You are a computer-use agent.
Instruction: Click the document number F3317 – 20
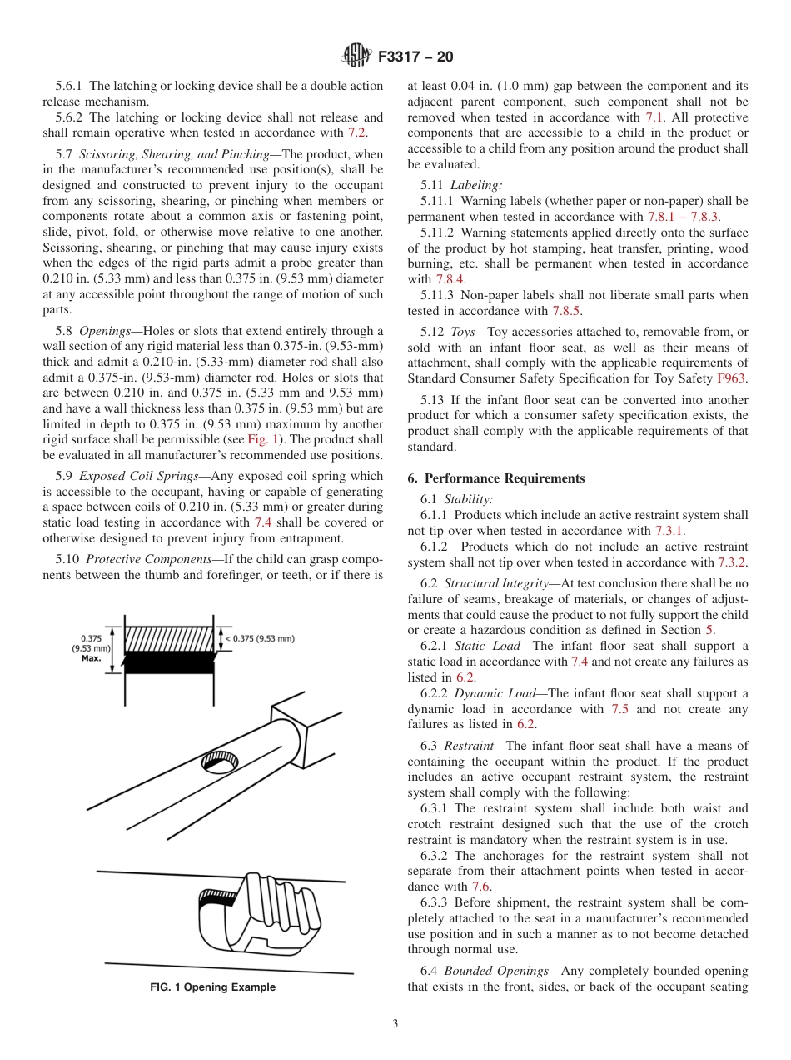[x=415, y=57]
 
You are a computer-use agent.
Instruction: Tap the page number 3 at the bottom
[x=395, y=1023]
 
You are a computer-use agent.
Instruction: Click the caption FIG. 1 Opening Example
[x=212, y=987]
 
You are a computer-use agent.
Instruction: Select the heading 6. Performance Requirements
[x=495, y=478]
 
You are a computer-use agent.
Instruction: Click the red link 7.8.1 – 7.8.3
[x=677, y=217]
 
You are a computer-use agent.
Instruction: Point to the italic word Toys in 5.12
[x=463, y=332]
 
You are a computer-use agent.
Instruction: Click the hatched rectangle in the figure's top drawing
[x=169, y=640]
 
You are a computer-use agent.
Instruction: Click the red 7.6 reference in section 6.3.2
[x=480, y=887]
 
